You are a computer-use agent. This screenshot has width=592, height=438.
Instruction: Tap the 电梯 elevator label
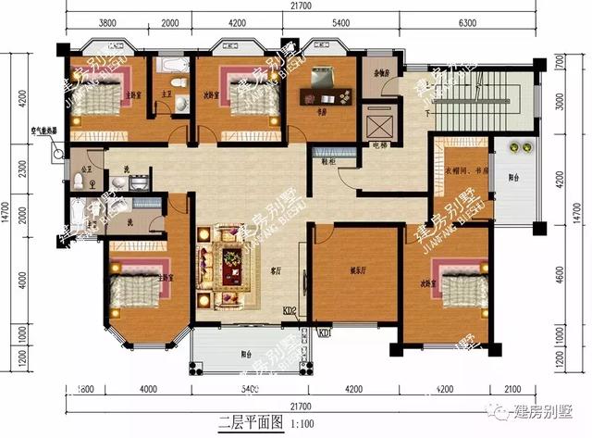pyautogui.click(x=378, y=144)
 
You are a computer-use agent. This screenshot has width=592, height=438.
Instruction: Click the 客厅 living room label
pyautogui.click(x=275, y=272)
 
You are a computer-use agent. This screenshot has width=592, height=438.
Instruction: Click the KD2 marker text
pyautogui.click(x=289, y=311)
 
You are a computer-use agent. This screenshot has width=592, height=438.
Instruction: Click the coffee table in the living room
pyautogui.click(x=228, y=269)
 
